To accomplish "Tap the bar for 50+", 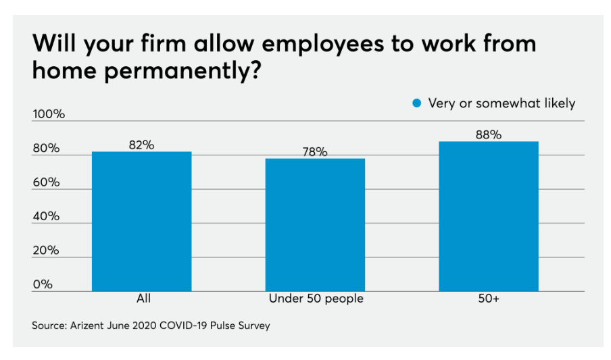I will [488, 216].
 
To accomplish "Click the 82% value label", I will [142, 145].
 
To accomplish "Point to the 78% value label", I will [315, 152].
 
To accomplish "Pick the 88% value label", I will [488, 134].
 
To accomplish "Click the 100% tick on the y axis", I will [49, 114].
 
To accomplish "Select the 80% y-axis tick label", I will [47, 149].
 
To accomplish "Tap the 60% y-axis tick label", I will [47, 182].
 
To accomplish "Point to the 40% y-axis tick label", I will [47, 216].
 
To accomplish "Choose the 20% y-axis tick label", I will [47, 250].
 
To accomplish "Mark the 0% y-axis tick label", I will [43, 284].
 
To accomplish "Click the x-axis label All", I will [143, 299].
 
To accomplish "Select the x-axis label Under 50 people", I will [316, 299].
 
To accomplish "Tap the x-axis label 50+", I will [488, 299].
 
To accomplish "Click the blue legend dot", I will [416, 103].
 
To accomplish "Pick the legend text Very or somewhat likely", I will [502, 103].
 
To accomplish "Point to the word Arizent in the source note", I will [87, 326].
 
